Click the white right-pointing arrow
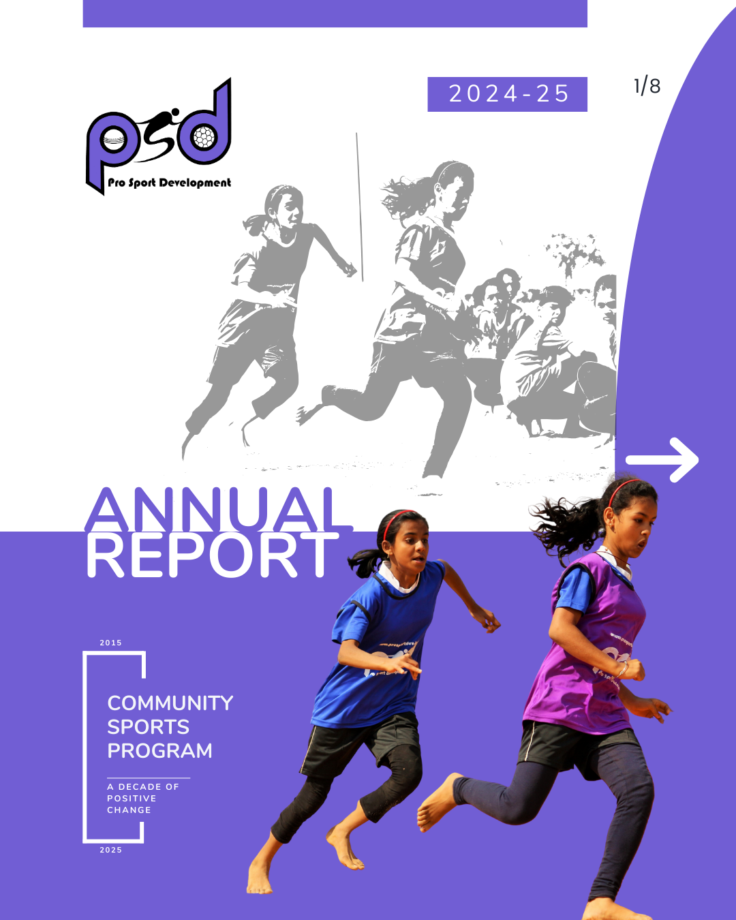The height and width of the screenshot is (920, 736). pos(662,460)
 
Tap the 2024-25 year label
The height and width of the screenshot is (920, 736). pos(509,93)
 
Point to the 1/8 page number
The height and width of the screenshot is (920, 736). pos(647,86)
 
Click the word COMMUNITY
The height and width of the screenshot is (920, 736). pos(170,703)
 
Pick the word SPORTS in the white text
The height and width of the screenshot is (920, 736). pos(148,726)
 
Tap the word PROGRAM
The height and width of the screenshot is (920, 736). pos(159,751)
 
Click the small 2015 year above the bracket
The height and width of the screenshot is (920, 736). pos(111,643)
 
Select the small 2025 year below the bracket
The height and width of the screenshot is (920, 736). pos(111,850)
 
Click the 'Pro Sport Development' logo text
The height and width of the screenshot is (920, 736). pos(170,183)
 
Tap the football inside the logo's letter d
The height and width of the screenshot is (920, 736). pos(204,137)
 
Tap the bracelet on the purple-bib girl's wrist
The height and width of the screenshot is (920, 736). pos(624,669)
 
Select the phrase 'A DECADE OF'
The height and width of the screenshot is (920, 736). pos(143,786)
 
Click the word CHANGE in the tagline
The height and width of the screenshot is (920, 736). pos(129,810)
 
